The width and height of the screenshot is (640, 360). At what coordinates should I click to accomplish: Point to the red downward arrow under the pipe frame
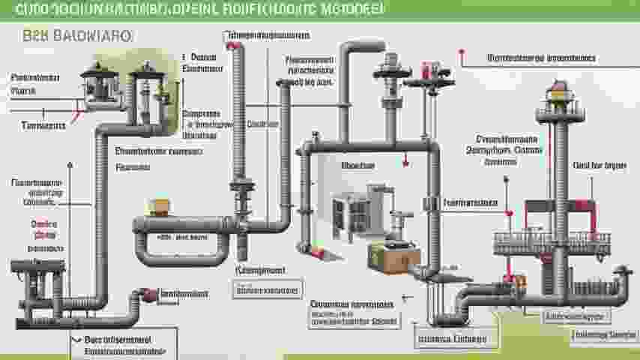(x=404, y=159)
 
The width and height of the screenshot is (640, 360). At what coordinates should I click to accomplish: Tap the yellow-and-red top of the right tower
(x=558, y=92)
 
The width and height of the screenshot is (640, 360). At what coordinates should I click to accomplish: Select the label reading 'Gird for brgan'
(x=599, y=165)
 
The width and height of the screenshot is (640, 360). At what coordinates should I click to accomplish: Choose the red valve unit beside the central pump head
(x=428, y=73)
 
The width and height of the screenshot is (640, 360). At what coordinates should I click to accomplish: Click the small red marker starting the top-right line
(x=462, y=53)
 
